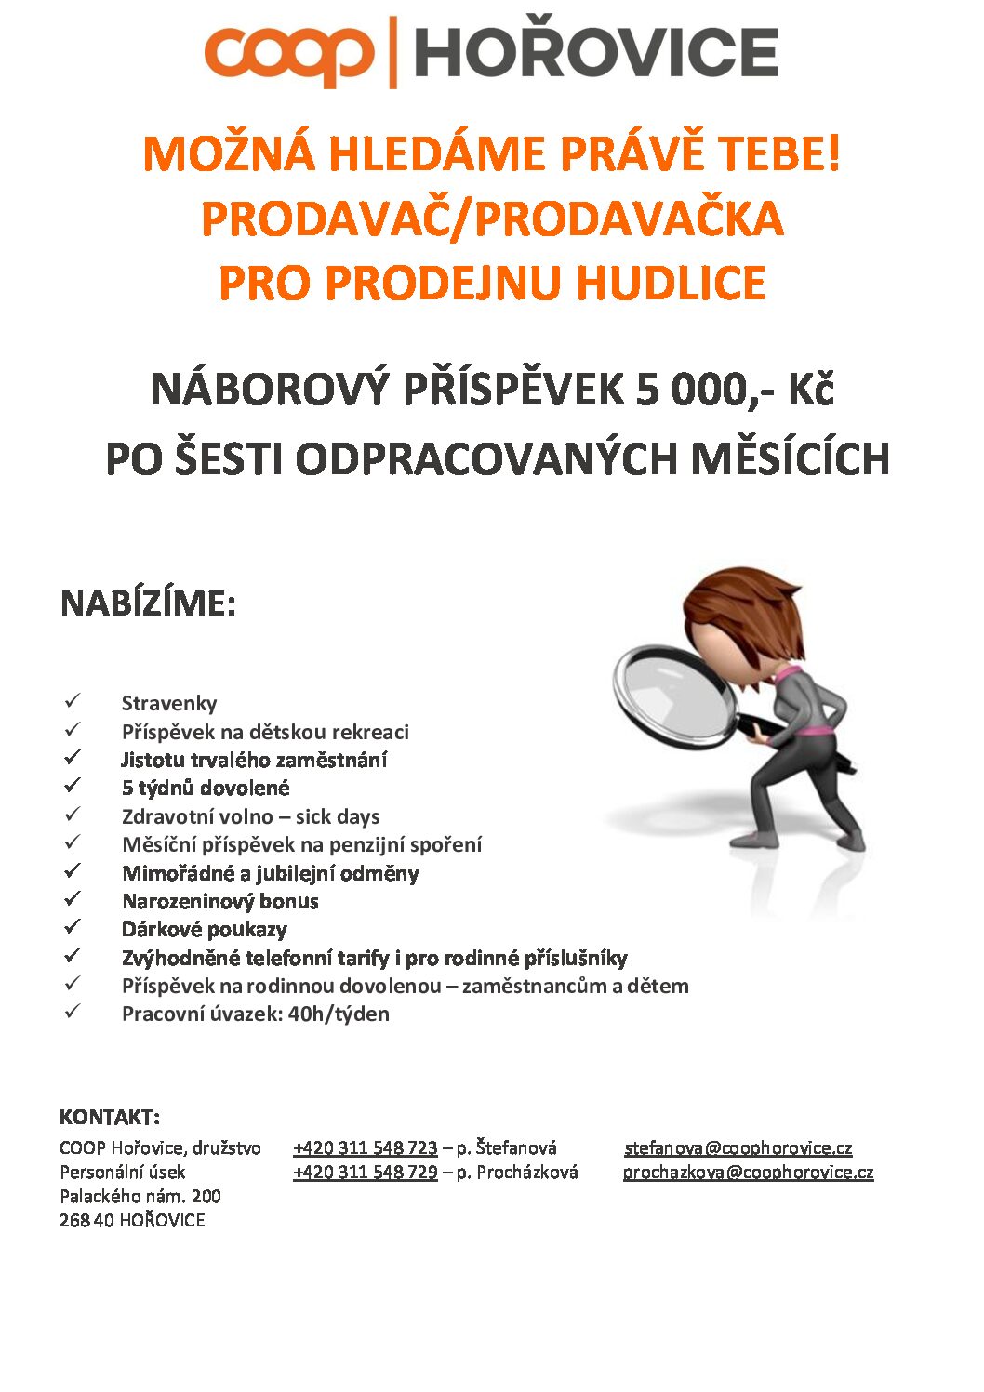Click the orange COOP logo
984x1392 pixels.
pyautogui.click(x=289, y=54)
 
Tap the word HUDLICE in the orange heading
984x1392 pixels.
pyautogui.click(x=671, y=283)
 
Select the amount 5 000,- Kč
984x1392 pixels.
pyautogui.click(x=735, y=389)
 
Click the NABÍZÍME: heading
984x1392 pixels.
pyautogui.click(x=148, y=603)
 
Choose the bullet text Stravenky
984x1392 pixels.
pyautogui.click(x=168, y=703)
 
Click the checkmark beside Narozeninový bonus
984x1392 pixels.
pyautogui.click(x=73, y=899)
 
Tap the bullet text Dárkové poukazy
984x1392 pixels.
pyautogui.click(x=204, y=929)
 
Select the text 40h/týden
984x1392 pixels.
pyautogui.click(x=339, y=1014)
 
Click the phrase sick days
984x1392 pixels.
pyautogui.click(x=338, y=816)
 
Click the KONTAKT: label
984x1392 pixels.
pyautogui.click(x=109, y=1117)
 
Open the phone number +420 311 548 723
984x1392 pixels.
pyautogui.click(x=365, y=1147)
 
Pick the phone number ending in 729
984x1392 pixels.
pyautogui.click(x=365, y=1172)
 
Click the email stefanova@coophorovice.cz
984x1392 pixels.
pyautogui.click(x=738, y=1147)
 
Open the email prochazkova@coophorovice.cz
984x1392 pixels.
pyautogui.click(x=748, y=1172)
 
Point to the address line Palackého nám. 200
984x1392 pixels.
pyautogui.click(x=140, y=1196)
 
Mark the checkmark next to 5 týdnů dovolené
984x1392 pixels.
pyautogui.click(x=73, y=786)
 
